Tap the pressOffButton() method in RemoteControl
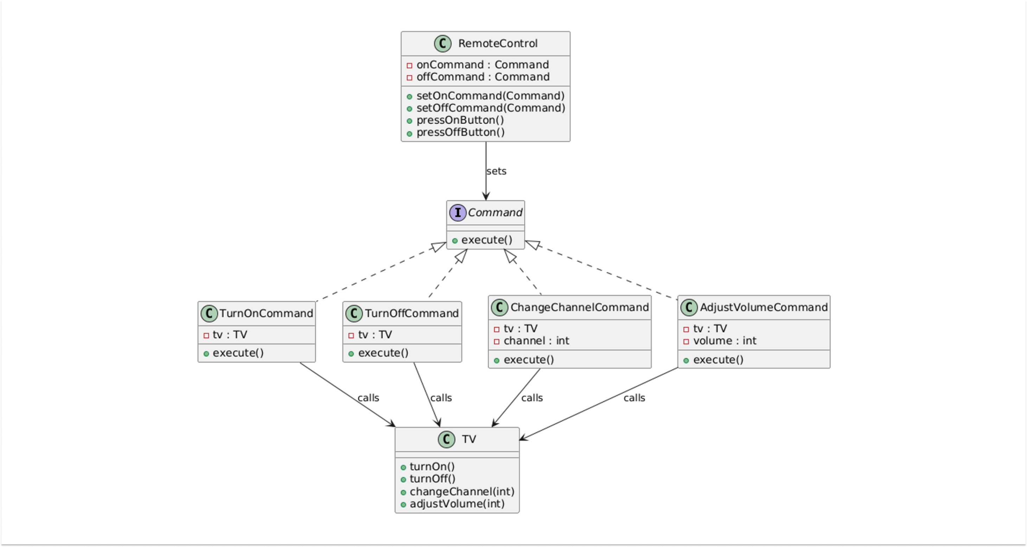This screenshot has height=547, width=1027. coord(460,132)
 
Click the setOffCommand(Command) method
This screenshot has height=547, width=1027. coord(490,108)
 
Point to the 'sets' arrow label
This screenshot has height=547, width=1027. coord(496,171)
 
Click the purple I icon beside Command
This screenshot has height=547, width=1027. coord(457,213)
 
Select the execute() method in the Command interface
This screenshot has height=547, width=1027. coord(486,240)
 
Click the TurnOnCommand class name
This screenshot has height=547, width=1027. coord(266,313)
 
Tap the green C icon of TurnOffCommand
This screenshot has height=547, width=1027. coord(353,313)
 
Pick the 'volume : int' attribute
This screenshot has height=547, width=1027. coord(725,341)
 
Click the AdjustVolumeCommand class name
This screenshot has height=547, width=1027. coord(764,307)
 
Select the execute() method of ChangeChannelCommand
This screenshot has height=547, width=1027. coord(528,359)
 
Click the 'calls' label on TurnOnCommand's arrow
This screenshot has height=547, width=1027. coord(368,398)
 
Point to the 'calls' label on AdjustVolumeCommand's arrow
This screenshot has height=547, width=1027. coord(634,398)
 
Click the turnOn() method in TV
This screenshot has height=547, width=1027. coord(432,466)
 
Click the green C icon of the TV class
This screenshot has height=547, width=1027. coord(446,439)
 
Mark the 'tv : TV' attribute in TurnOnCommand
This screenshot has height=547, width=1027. coord(230,334)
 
